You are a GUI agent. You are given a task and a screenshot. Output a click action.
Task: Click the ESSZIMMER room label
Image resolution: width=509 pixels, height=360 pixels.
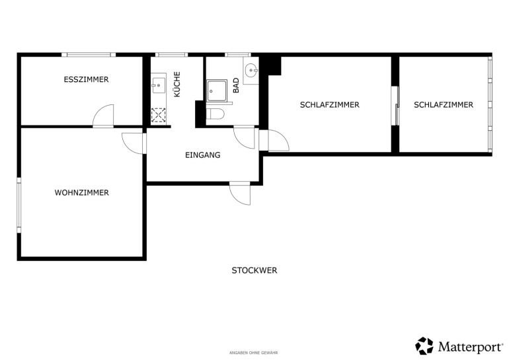tap(86, 79)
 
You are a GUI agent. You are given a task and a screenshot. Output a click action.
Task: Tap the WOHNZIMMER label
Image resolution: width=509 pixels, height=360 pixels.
tap(81, 193)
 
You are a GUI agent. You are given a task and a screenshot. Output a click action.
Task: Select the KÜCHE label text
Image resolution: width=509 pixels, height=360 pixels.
tap(177, 84)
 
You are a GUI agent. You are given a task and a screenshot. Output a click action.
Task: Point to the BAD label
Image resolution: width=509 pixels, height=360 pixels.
tap(236, 85)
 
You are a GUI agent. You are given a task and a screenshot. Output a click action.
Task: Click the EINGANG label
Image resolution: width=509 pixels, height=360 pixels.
tap(202, 155)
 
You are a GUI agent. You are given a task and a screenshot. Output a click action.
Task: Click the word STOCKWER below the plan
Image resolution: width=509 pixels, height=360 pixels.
tap(255, 270)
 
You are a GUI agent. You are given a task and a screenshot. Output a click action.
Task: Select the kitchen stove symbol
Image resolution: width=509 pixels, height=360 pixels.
tap(159, 116)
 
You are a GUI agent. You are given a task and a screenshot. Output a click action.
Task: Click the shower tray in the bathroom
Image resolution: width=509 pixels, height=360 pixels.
tap(217, 91)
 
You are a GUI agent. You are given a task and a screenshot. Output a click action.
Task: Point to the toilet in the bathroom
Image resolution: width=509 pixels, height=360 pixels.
tap(215, 114)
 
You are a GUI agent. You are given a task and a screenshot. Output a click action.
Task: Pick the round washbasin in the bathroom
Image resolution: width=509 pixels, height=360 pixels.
tap(251, 71)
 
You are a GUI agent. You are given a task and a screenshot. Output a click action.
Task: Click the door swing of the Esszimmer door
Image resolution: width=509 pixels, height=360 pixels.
tap(104, 115)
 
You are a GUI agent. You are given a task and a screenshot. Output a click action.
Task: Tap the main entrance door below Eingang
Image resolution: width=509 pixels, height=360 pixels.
tap(240, 194)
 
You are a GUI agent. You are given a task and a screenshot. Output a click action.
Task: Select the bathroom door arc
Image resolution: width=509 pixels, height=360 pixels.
tap(245, 138)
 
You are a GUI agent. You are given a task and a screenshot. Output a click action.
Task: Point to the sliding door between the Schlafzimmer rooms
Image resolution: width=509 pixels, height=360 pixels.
tap(395, 106)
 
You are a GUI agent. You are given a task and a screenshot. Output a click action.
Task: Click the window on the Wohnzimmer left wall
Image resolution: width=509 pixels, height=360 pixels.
tap(19, 205)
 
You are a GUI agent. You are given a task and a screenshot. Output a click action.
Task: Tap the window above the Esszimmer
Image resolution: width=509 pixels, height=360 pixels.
tap(89, 54)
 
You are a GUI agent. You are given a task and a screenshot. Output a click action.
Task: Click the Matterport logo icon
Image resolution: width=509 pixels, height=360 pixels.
tap(424, 345)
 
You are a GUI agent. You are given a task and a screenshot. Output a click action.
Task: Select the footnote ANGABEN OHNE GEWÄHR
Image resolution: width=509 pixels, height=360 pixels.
tap(254, 353)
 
